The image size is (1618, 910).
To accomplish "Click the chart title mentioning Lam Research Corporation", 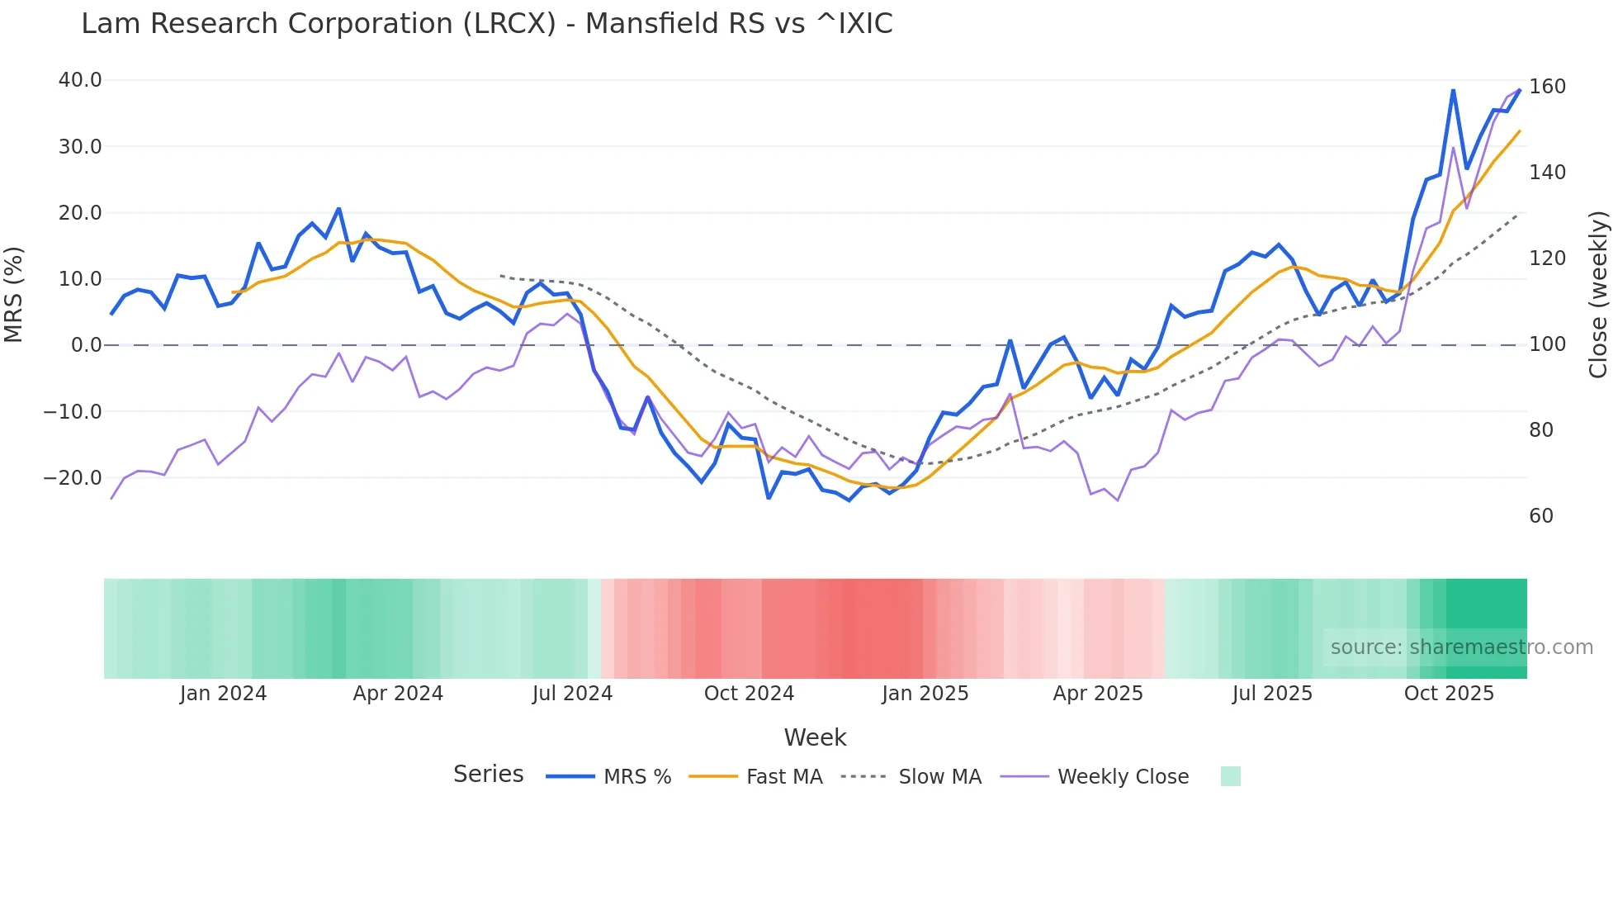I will pos(487,24).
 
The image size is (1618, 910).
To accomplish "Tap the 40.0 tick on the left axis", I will pos(80,80).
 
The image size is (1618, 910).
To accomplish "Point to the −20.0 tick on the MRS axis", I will pos(73,478).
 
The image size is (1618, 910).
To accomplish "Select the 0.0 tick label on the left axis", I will pos(86,345).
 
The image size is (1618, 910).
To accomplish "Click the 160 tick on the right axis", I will pos(1547,87).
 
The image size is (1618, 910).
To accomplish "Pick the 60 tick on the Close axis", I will pos(1541,516).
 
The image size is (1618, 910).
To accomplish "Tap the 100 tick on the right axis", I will pos(1547,344).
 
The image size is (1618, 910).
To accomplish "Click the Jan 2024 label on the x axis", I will pos(223,694).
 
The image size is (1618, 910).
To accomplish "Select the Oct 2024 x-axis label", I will pos(749,694).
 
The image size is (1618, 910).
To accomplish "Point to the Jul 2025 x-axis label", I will pos(1272,694).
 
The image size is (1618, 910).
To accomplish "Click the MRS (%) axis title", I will pos(14,295).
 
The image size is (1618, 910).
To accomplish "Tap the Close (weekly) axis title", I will pos(1599,295).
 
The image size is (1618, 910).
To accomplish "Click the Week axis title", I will pos(815,737).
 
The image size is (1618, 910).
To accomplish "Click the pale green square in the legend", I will pos(1230,776).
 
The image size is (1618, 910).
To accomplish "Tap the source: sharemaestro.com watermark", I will pos(1461,647).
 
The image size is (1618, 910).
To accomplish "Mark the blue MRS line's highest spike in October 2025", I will pos(1453,91).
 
